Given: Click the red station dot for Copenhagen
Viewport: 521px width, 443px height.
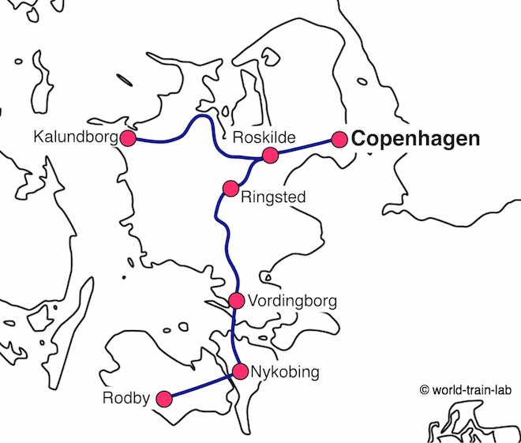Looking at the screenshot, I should click(x=339, y=140).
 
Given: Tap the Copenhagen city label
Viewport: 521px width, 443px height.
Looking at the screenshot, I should click(x=415, y=139).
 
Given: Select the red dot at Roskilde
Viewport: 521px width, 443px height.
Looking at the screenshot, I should click(x=270, y=155).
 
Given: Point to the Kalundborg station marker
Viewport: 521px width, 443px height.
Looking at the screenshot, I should click(x=128, y=139).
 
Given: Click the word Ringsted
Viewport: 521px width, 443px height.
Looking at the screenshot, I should click(x=272, y=197).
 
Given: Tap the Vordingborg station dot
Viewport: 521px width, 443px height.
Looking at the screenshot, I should click(x=236, y=300).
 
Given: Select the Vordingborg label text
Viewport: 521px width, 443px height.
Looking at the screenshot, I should click(x=292, y=301).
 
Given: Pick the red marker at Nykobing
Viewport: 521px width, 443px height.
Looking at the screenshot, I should click(x=242, y=371).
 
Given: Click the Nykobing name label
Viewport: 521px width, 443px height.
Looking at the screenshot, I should click(x=286, y=372).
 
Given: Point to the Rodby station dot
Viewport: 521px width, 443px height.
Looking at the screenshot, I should click(x=164, y=399).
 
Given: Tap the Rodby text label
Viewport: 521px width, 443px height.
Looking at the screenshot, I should click(x=126, y=399).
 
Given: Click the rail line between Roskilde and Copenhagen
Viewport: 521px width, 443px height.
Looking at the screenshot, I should click(x=305, y=148).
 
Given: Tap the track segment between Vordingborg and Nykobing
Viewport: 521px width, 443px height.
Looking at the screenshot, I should click(x=235, y=336).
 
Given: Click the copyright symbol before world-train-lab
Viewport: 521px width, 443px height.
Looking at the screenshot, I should click(x=424, y=389).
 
